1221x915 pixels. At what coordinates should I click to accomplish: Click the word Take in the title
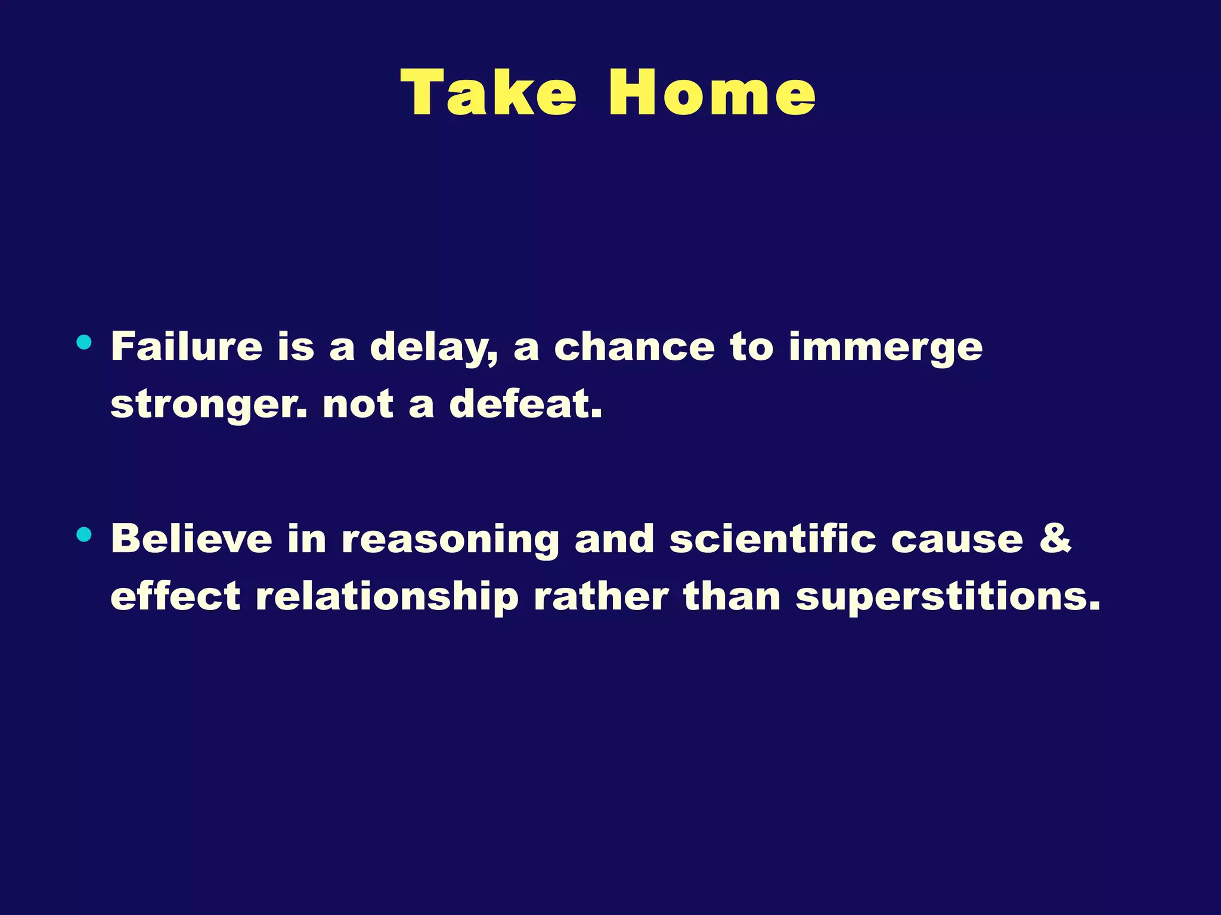tap(489, 93)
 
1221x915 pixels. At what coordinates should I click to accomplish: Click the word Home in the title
tap(712, 93)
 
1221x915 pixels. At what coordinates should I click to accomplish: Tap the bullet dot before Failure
tap(84, 342)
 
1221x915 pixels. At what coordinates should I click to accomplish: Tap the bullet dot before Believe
tap(84, 534)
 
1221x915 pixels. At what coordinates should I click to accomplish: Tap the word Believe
tap(191, 539)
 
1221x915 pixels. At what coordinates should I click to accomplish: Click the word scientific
tap(773, 539)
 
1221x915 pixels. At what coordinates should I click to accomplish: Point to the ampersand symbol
tap(1055, 537)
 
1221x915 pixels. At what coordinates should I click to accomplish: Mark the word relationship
tap(387, 597)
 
